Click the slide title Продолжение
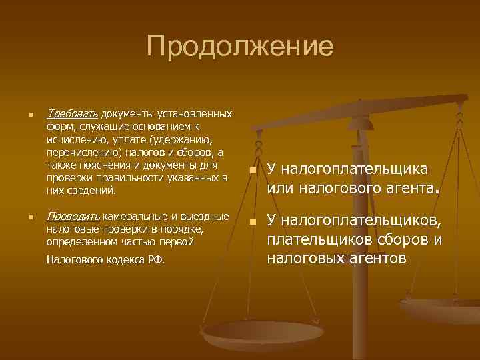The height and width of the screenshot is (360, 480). [240, 47]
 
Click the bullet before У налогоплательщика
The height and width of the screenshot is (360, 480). [252, 171]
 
